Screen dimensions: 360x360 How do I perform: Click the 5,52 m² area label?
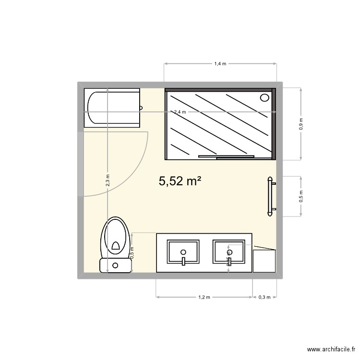(179, 181)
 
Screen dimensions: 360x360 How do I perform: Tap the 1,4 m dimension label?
(220, 63)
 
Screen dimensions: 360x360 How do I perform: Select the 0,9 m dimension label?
(301, 124)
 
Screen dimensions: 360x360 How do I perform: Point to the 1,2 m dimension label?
(204, 297)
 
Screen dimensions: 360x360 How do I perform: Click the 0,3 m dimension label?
(264, 297)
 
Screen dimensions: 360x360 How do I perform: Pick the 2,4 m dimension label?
(180, 112)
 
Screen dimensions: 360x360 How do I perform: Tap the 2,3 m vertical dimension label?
(108, 180)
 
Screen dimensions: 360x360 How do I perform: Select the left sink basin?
(183, 252)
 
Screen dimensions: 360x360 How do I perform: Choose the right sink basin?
(229, 252)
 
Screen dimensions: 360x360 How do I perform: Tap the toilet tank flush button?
(115, 265)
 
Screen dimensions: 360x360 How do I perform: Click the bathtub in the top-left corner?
(112, 108)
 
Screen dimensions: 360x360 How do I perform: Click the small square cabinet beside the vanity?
(264, 260)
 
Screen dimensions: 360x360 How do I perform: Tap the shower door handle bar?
(226, 156)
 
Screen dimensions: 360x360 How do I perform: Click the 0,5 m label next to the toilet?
(132, 252)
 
